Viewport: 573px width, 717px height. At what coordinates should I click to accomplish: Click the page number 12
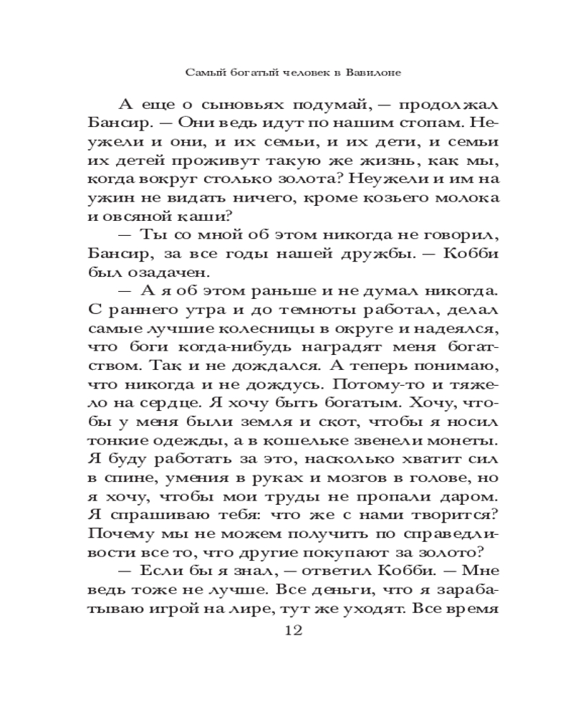[294, 631]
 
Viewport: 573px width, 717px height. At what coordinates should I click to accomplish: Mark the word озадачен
[170, 272]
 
